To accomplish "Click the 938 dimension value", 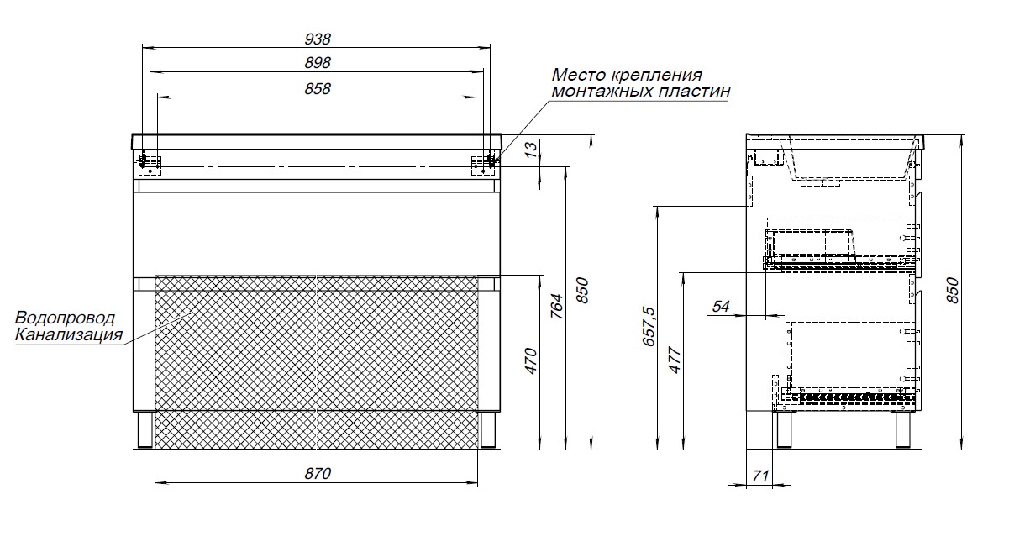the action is click(x=318, y=39).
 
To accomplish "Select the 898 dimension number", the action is click(x=318, y=63).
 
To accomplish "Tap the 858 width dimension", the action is click(x=318, y=89).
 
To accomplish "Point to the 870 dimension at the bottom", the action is click(x=318, y=474).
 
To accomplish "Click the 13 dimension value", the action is click(x=532, y=149).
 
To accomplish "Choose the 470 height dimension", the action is click(x=532, y=361).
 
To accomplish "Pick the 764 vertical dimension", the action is click(x=557, y=307).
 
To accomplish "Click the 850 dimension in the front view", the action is click(x=582, y=291).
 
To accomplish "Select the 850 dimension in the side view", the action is click(x=953, y=291).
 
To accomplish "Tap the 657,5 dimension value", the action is click(x=649, y=326).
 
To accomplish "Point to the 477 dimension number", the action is click(x=675, y=360).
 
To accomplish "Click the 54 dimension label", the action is click(x=721, y=307).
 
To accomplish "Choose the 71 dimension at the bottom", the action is click(x=760, y=476).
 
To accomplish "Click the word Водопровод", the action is click(x=65, y=318).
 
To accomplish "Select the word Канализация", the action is click(x=69, y=334).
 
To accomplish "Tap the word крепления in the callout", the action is click(x=651, y=75).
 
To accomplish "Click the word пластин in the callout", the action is click(x=694, y=91).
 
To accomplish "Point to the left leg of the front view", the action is click(x=145, y=430).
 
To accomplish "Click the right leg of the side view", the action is click(x=903, y=429).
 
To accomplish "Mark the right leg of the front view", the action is click(x=488, y=430).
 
